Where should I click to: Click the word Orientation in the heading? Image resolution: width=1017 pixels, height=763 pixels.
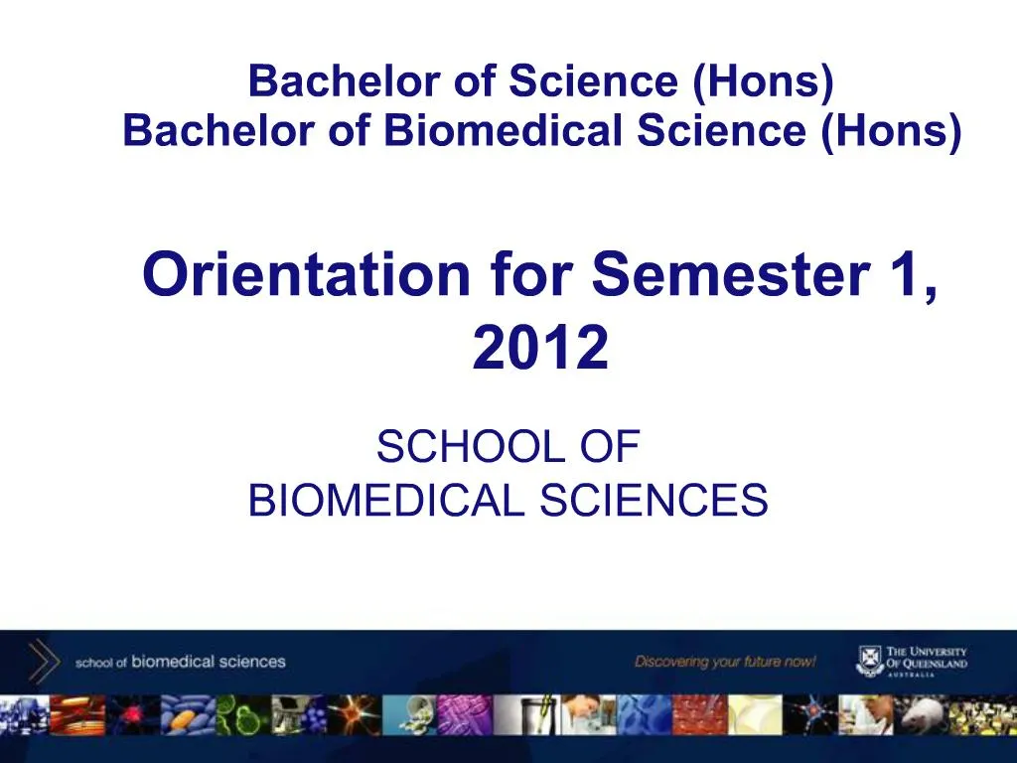click(x=305, y=275)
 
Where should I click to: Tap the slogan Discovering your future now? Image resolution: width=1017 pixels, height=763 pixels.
click(x=725, y=662)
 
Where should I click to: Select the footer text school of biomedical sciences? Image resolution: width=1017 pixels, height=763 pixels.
click(x=180, y=662)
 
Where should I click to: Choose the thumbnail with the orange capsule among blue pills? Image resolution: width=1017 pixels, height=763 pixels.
click(x=188, y=714)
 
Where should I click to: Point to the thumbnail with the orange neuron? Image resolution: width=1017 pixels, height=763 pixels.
click(x=353, y=714)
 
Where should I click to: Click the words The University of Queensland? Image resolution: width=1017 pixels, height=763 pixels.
click(x=926, y=660)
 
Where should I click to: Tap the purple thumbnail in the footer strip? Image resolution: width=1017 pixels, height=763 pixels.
click(x=466, y=714)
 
